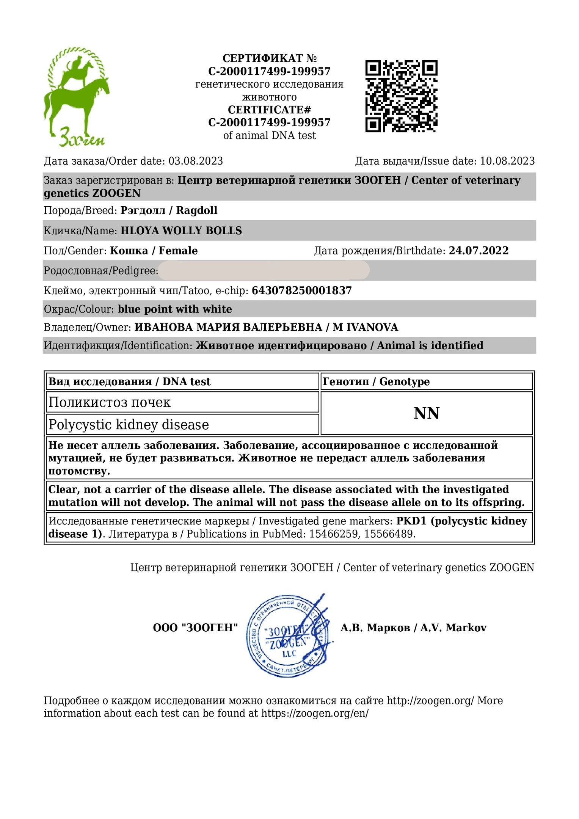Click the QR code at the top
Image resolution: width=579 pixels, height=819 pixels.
401,96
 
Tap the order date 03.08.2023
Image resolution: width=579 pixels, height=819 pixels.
196,161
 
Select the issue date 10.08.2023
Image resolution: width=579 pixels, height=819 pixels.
507,161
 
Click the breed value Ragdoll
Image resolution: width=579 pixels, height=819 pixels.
196,210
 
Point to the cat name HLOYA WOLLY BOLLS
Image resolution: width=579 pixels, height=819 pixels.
181,231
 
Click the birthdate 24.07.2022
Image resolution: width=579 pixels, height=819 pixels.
479,251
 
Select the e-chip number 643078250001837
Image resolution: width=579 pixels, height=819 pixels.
302,291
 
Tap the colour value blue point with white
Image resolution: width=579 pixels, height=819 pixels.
175,309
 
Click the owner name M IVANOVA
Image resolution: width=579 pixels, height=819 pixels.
365,327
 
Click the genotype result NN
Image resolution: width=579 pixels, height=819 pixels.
427,413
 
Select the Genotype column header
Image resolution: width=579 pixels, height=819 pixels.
376,381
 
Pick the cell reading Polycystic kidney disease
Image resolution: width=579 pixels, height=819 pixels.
129,425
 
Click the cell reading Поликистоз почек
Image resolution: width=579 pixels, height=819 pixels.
110,402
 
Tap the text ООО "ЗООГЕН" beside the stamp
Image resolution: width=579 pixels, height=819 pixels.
195,628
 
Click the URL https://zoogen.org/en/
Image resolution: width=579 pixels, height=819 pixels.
315,713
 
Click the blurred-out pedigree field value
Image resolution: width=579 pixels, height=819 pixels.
264,271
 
